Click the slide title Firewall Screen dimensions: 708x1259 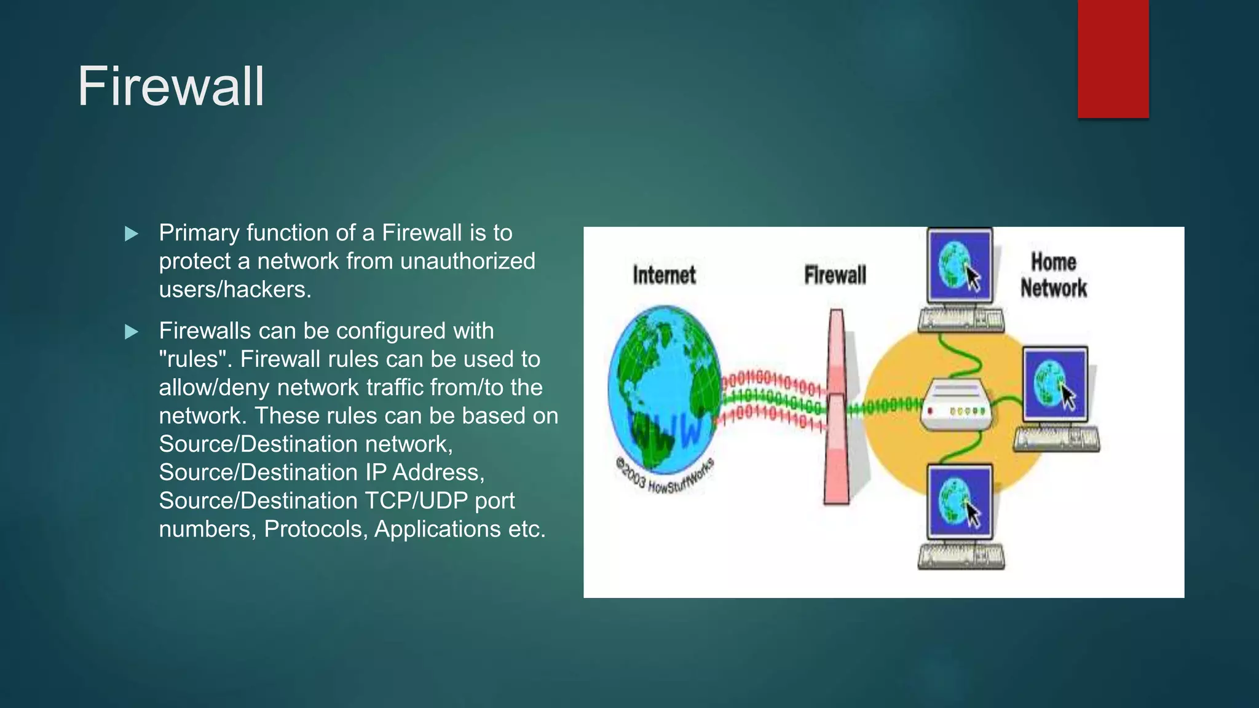pos(171,87)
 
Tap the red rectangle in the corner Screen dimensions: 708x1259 pos(1113,58)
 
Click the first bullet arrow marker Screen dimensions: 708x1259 pos(131,234)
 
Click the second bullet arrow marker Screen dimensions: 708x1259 pos(131,332)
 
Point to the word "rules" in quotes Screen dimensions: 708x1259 pos(193,360)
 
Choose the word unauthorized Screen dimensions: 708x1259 pos(467,261)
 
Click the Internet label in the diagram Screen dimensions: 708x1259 pos(664,275)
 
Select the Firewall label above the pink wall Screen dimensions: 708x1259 pos(835,275)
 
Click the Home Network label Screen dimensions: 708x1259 pos(1053,275)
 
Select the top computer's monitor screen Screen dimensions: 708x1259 pos(959,265)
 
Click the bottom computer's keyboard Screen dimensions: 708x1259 pos(961,556)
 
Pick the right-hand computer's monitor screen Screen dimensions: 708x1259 pos(1055,384)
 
